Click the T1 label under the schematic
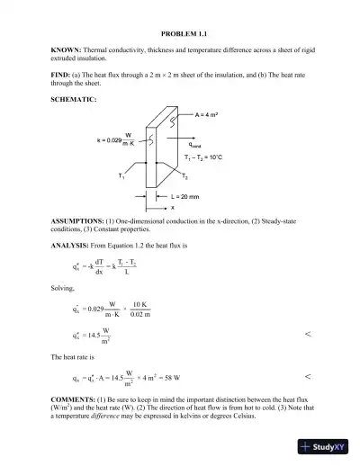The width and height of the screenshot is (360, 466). pyautogui.click(x=121, y=177)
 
